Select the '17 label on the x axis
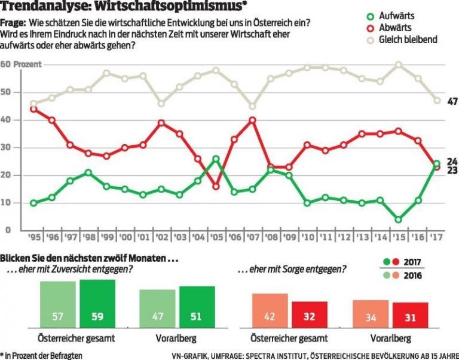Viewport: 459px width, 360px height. coord(437,237)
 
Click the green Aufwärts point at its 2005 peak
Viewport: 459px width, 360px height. coord(216,158)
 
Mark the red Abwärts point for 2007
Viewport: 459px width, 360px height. coord(253,120)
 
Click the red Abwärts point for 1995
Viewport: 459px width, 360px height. coord(33,109)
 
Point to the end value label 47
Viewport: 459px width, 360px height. coord(452,102)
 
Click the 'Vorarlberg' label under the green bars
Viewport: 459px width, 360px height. coord(176,338)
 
